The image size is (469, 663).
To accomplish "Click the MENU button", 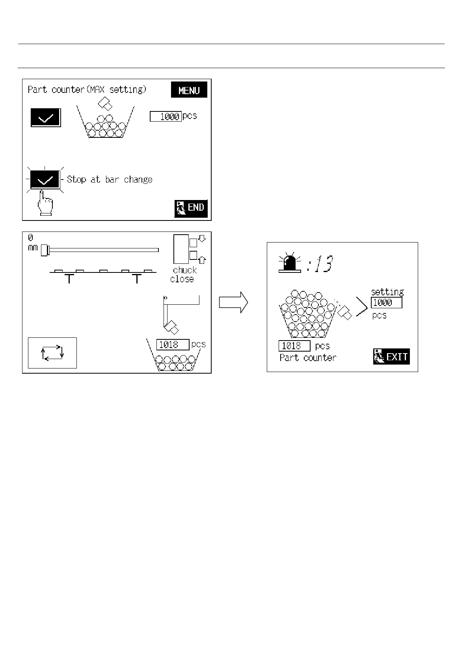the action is pos(189,90).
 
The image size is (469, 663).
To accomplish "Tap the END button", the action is pos(191,208).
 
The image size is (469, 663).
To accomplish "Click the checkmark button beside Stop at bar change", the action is pos(46,180).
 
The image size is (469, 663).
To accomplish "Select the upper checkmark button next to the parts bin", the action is pos(46,118).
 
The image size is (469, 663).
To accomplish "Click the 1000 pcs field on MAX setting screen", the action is pos(166,117).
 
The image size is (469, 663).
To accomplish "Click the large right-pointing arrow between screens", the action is pos(234,302).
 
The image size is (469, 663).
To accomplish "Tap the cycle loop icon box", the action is pos(52,353).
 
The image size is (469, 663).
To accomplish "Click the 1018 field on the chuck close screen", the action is pos(173,345).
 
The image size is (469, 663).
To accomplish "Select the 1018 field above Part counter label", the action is pos(294,346).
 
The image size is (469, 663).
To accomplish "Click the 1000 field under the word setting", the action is pos(386,303).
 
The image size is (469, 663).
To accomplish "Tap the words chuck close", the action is pos(184,274).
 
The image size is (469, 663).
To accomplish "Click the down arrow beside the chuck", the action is pos(203,238).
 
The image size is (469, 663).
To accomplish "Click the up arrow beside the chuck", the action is pos(203,259).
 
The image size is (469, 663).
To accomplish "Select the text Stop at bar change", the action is pos(110,180).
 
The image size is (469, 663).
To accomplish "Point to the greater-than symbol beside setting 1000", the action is pos(361,307).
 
